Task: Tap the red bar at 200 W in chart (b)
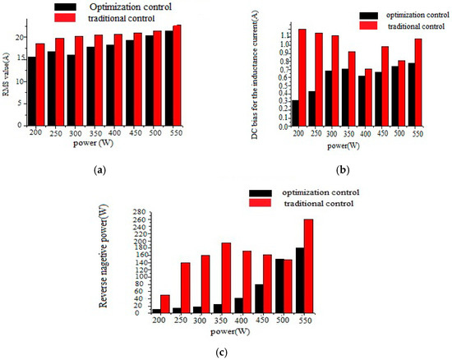pyautogui.click(x=279, y=78)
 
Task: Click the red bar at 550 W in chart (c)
pyautogui.click(x=331, y=265)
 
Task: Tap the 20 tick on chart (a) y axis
pyautogui.click(x=19, y=38)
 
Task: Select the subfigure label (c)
pyautogui.click(x=225, y=352)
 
